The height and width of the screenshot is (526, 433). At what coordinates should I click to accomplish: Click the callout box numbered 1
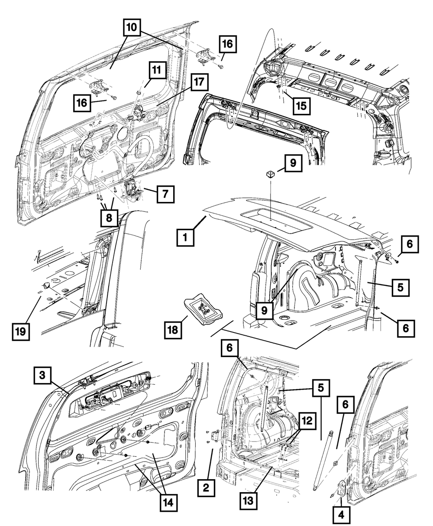pos(185,237)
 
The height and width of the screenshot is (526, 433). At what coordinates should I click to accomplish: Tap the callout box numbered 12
pos(308,420)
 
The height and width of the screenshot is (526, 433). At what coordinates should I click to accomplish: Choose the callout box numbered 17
pos(200,83)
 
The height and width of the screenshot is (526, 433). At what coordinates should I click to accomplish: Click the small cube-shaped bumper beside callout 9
pos(271,174)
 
